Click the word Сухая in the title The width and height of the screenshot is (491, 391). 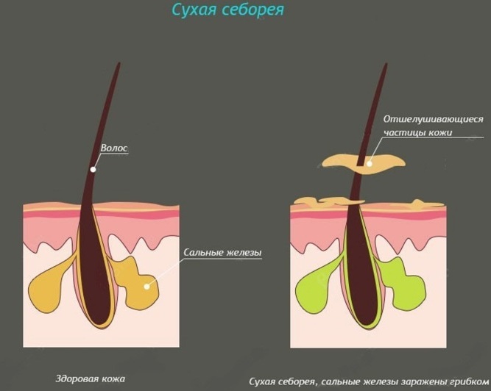194,10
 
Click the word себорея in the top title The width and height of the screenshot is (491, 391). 252,10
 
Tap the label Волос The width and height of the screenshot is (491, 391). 114,148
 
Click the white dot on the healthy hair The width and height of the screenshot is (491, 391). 93,169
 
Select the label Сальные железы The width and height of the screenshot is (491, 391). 222,252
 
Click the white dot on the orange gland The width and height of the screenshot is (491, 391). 147,287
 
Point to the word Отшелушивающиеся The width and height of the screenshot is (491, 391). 434,119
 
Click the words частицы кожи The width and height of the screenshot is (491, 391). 418,132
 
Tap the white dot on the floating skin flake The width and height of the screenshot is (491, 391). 370,163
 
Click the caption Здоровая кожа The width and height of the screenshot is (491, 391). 91,379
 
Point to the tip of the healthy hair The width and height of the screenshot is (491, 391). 119,62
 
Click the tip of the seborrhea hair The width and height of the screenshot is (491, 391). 386,64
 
